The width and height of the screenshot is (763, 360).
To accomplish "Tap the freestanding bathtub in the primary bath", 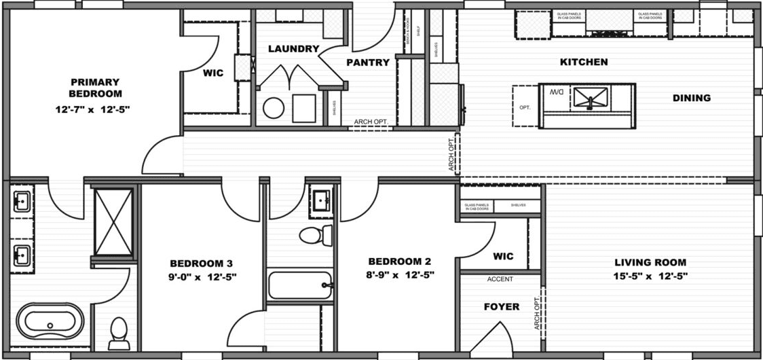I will coord(47,321).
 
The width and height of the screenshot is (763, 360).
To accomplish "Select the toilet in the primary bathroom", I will coord(119,332).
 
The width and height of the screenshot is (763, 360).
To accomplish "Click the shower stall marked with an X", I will coord(113,222).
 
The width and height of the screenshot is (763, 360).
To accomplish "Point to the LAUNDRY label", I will coord(293,49).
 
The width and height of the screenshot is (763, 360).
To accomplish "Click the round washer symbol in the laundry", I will coord(274,109).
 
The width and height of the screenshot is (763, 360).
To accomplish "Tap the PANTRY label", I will coord(368,62).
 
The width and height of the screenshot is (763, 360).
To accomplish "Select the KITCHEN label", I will coord(583,62).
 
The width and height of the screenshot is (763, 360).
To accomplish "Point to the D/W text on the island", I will coord(557,92).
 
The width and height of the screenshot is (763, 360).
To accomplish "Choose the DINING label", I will coord(691,98).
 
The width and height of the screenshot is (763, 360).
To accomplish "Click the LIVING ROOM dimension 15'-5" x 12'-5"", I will coord(650,276).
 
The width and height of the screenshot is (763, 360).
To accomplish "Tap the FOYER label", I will coord(501,307).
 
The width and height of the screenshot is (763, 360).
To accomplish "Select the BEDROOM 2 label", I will coord(400,262).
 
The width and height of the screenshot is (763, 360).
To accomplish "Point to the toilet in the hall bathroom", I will coord(316,236).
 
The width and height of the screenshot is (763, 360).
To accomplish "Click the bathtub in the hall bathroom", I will coord(299,285).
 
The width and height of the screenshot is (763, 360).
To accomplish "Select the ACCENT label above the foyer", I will coord(500,279).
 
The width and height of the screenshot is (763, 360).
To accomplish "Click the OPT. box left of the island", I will coord(525,107).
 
